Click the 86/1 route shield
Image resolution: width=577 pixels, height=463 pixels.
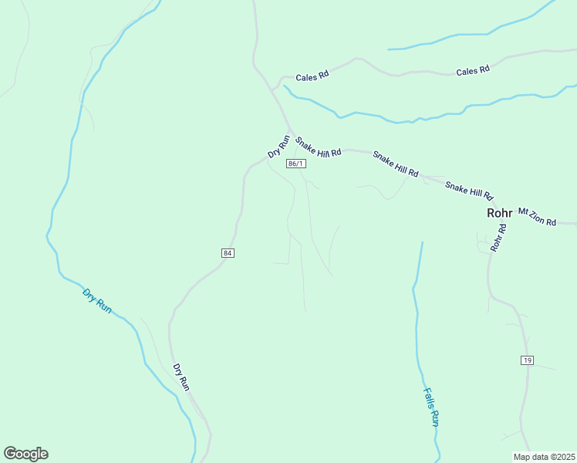(x=296, y=164)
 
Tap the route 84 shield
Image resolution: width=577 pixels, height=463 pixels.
(x=227, y=253)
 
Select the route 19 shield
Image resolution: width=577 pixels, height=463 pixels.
(x=527, y=360)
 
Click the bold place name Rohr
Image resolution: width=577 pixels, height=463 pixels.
(x=499, y=213)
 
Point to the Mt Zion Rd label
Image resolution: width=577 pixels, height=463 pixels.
(x=537, y=217)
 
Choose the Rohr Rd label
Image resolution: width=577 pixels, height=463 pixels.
(x=498, y=238)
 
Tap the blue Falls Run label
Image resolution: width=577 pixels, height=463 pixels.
(x=431, y=407)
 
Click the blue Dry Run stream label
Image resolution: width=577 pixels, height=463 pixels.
(x=97, y=300)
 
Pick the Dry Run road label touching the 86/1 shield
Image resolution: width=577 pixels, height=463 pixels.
(x=278, y=147)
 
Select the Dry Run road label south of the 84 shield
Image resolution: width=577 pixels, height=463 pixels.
(x=181, y=377)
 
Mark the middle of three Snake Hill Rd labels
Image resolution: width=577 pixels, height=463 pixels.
(x=395, y=164)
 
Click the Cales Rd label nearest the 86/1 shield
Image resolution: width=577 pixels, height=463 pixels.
(x=312, y=75)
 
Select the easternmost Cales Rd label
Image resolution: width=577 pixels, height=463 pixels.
(x=473, y=70)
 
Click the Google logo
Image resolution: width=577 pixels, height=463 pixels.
(x=25, y=454)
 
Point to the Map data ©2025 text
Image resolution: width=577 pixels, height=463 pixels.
(x=544, y=457)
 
